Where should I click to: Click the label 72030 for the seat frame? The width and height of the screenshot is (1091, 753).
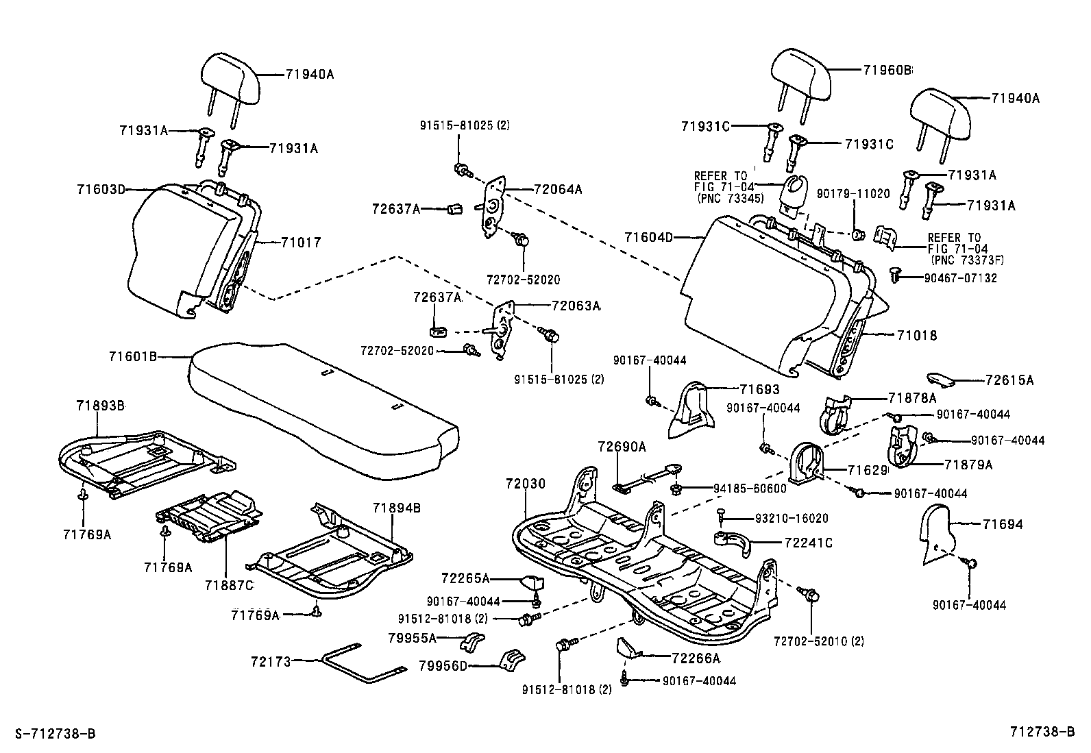[x=526, y=484]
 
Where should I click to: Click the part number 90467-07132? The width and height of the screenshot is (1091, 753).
[x=960, y=278]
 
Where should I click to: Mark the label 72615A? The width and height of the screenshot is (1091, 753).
[x=1009, y=380]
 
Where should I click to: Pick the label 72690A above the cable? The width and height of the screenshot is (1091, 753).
[x=622, y=447]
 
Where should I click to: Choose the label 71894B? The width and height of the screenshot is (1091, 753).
[x=396, y=508]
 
